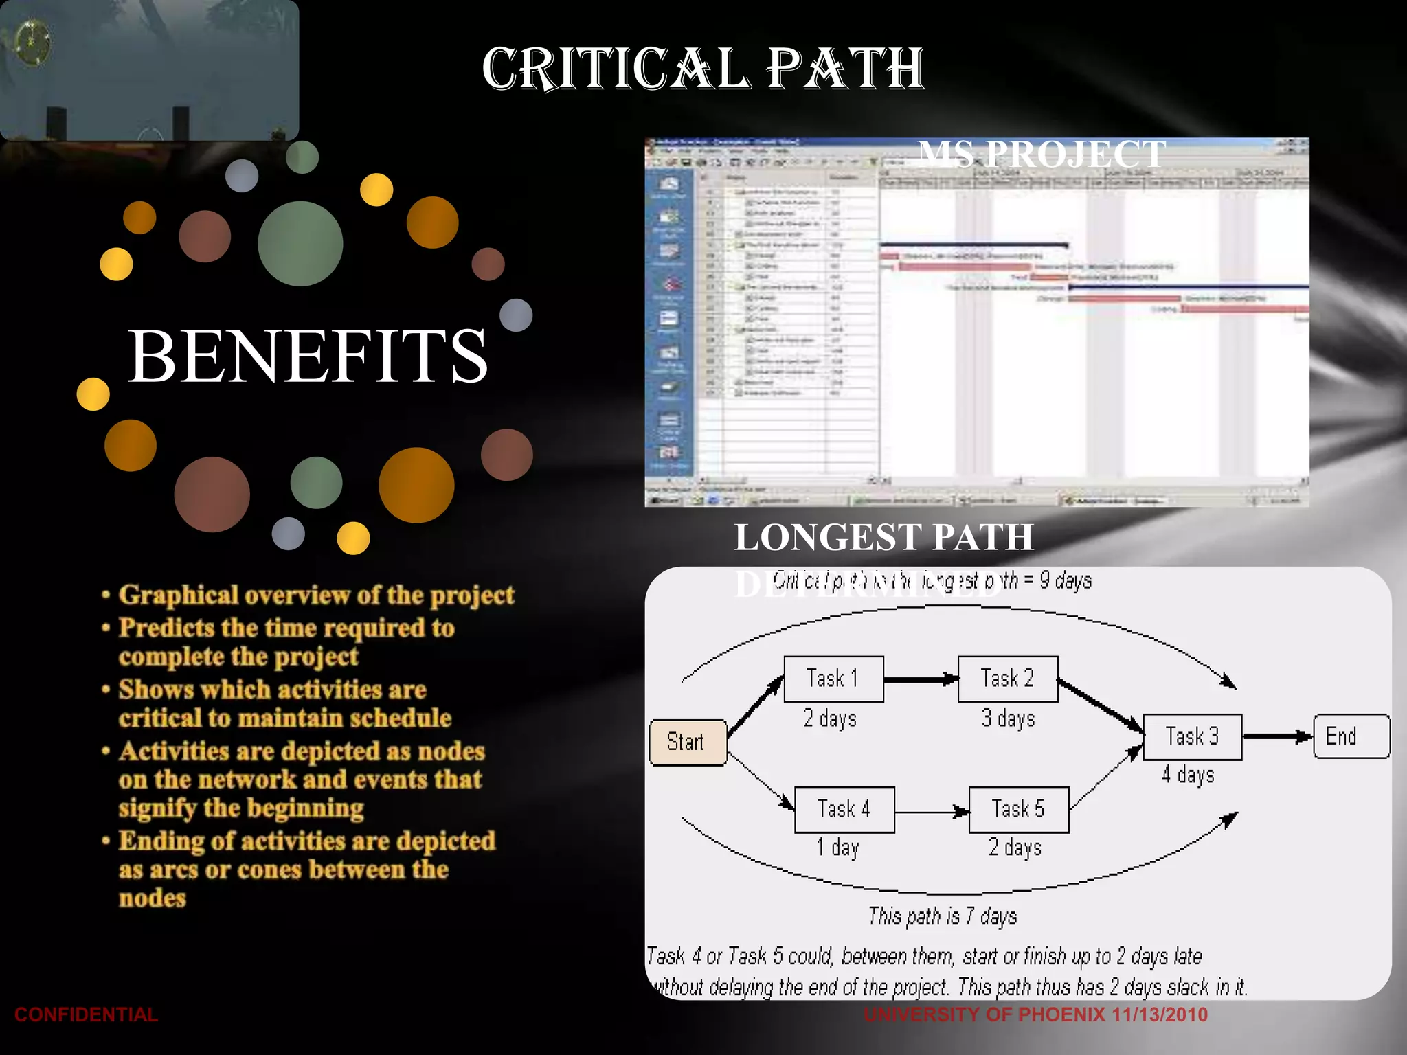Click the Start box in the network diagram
point(688,742)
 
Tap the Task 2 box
point(1008,679)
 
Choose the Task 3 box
point(1193,737)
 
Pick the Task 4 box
point(844,810)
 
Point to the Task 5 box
point(1019,810)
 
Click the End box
point(1351,736)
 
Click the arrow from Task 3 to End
point(1277,737)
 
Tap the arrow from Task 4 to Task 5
point(932,813)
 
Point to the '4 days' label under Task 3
point(1188,775)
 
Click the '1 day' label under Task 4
point(837,848)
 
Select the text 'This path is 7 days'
point(943,916)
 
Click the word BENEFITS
point(308,356)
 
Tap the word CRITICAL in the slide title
point(615,69)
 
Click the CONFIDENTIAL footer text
point(86,1014)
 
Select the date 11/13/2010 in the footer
point(1160,1014)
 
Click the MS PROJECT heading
point(1042,154)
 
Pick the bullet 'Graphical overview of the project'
point(316,595)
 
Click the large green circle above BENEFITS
point(300,243)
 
